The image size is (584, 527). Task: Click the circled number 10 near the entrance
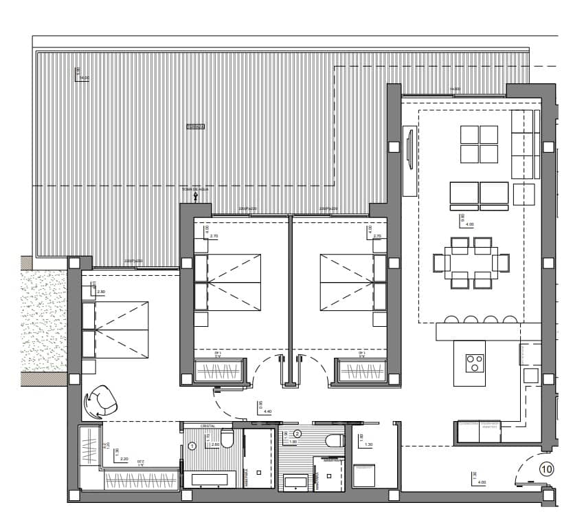click(546, 470)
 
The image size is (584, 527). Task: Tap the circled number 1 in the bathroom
click(192, 446)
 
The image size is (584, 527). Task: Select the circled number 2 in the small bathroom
click(297, 433)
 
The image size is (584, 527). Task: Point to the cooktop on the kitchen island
click(474, 363)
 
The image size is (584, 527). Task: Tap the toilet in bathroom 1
click(227, 438)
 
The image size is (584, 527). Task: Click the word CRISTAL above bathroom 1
click(208, 427)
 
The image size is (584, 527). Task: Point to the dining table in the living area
click(471, 263)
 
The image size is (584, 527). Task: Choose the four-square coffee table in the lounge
click(479, 144)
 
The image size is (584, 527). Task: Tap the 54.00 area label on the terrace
click(84, 78)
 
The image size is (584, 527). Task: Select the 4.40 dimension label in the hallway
click(268, 411)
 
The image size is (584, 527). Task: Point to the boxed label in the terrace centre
click(196, 127)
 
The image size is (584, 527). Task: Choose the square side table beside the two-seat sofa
click(524, 194)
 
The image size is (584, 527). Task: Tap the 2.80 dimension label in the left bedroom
click(102, 292)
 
